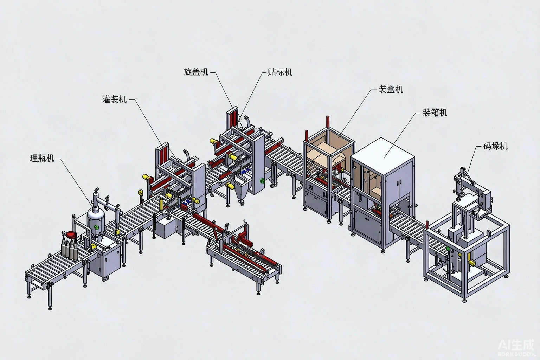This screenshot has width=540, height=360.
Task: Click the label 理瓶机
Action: click(42, 159)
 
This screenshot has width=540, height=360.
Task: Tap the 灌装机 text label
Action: click(114, 99)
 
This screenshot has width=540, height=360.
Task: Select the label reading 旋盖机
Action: click(196, 72)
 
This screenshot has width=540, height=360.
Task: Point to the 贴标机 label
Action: click(280, 72)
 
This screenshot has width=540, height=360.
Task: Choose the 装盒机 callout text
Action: click(391, 89)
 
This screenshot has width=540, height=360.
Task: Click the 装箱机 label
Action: click(435, 112)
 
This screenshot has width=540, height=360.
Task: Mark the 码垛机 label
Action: click(495, 146)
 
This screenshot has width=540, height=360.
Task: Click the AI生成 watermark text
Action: click(516, 345)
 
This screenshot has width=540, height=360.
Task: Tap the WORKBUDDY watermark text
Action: click(516, 354)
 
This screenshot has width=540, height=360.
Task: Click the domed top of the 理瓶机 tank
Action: click(96, 214)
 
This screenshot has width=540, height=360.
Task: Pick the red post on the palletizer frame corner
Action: click(427, 225)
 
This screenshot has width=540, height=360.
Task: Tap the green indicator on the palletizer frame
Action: click(448, 249)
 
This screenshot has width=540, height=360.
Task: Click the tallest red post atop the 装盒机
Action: click(328, 122)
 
